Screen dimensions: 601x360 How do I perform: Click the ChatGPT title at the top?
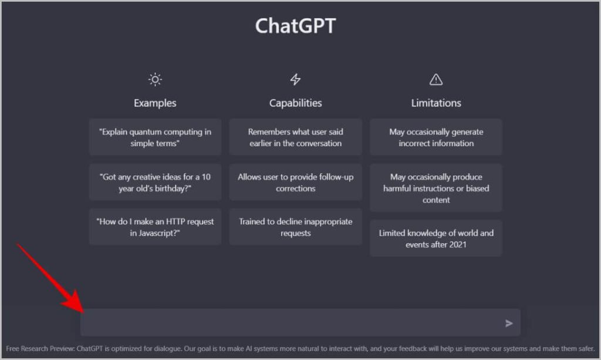click(296, 26)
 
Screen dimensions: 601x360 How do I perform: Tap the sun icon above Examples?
click(155, 79)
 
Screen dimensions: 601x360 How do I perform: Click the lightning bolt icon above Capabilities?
click(295, 79)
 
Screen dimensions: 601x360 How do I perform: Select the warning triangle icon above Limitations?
click(436, 79)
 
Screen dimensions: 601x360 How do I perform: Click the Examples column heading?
click(155, 103)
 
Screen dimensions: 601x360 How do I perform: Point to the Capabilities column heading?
click(296, 103)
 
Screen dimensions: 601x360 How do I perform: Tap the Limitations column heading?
click(436, 103)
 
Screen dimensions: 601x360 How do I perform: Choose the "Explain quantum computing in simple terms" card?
click(155, 137)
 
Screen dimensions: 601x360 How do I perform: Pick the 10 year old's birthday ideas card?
click(155, 182)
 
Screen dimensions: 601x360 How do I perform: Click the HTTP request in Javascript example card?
click(155, 227)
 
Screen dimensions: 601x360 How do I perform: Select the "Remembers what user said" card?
click(296, 137)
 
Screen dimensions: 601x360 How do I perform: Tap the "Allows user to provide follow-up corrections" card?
click(296, 182)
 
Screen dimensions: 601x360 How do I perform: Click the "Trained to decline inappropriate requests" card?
click(296, 227)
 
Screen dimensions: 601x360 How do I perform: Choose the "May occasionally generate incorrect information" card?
click(436, 137)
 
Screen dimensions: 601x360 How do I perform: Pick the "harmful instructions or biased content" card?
click(436, 188)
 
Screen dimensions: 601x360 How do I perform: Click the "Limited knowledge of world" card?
click(436, 238)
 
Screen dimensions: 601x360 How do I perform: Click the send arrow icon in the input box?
click(509, 323)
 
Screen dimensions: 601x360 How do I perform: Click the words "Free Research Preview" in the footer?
click(40, 348)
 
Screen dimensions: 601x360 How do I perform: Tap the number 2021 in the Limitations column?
click(458, 245)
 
